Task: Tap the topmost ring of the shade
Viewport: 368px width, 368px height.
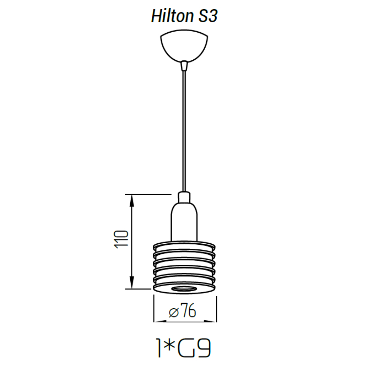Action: click(184, 244)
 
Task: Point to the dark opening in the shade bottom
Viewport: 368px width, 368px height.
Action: click(184, 288)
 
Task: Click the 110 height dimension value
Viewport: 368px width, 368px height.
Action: click(121, 240)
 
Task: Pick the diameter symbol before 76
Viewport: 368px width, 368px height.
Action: click(174, 313)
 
